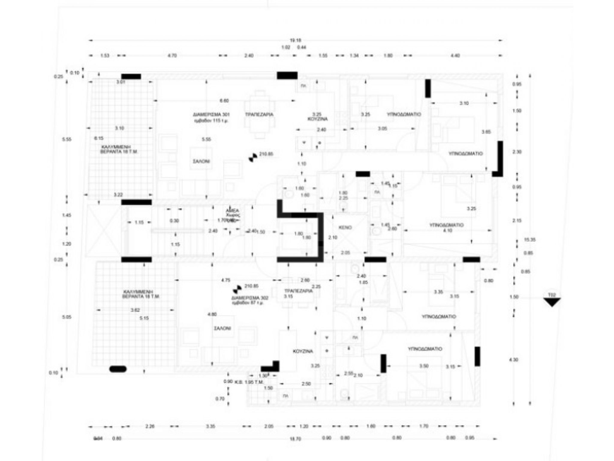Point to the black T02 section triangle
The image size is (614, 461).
[x=552, y=302]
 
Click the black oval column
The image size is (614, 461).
[x=118, y=369]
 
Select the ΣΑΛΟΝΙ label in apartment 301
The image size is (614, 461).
[x=201, y=161]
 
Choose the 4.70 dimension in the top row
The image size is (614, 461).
[x=172, y=56]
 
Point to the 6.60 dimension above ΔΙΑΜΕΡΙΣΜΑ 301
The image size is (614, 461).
[x=224, y=101]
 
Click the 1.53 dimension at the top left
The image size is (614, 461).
[x=104, y=56]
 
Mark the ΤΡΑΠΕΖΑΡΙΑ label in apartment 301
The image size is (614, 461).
[x=259, y=115]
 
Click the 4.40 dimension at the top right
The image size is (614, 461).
[x=455, y=56]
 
